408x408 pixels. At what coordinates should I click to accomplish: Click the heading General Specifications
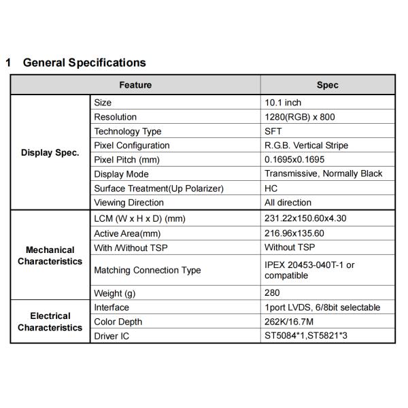84,63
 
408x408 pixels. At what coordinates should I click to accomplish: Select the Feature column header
135,85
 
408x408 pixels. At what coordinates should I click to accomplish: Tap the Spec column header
327,85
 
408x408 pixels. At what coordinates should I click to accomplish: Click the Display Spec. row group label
50,152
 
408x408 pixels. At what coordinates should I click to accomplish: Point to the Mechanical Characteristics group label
50,256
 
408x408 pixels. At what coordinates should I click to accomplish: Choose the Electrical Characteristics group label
50,322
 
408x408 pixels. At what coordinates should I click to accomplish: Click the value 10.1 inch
283,103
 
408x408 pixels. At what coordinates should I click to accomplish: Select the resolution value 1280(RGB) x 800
300,117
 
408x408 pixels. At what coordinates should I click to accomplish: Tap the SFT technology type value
273,131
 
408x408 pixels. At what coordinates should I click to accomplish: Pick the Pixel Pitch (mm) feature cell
127,160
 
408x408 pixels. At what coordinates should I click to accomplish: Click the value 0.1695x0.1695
294,160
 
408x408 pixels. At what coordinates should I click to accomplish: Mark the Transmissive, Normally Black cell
324,174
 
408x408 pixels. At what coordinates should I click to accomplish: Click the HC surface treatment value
271,188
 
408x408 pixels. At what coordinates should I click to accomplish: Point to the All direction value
288,203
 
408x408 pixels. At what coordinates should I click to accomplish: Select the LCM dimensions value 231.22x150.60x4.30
307,219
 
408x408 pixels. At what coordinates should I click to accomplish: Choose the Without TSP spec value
290,248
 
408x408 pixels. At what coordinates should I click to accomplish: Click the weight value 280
272,293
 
